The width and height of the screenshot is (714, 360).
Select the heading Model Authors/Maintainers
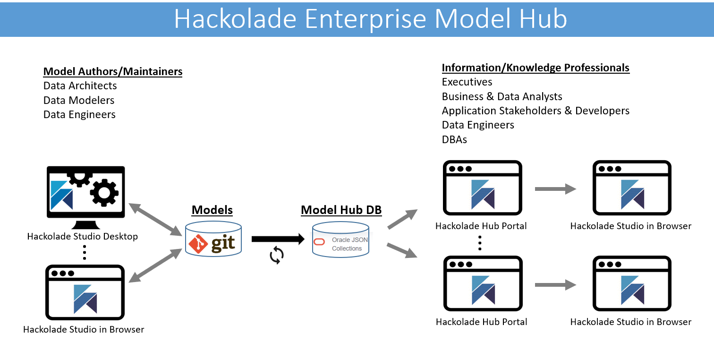(x=113, y=72)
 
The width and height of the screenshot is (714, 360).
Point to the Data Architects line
(x=80, y=86)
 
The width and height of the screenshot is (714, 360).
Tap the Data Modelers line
(x=79, y=100)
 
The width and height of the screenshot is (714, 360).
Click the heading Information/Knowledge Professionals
(x=535, y=68)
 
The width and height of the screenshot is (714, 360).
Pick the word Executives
(x=467, y=82)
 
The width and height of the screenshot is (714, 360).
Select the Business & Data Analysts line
(x=502, y=97)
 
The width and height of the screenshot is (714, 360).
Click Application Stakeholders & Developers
(x=535, y=111)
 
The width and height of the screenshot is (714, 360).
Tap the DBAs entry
(x=454, y=139)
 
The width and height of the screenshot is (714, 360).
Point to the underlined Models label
(x=212, y=210)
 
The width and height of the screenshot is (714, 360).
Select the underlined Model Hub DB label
(x=341, y=210)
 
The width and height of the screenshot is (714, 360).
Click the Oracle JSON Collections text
(x=349, y=244)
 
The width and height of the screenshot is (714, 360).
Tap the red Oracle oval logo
(x=319, y=242)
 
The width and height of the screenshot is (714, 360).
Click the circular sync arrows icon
(x=277, y=255)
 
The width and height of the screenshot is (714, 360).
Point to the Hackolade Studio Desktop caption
(x=83, y=236)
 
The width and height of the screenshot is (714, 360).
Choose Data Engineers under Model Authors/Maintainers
(x=79, y=115)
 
